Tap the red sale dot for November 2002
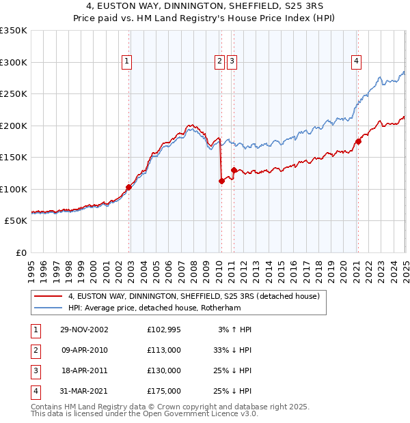click(x=128, y=187)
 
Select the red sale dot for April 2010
click(x=221, y=181)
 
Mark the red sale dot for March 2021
click(x=357, y=142)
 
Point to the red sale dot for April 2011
click(x=234, y=170)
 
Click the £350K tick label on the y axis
click(x=14, y=31)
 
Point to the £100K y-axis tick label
click(x=14, y=189)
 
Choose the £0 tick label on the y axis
click(x=20, y=252)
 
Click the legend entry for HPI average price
click(x=165, y=308)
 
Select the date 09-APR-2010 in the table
click(x=84, y=350)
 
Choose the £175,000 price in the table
click(x=163, y=391)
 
